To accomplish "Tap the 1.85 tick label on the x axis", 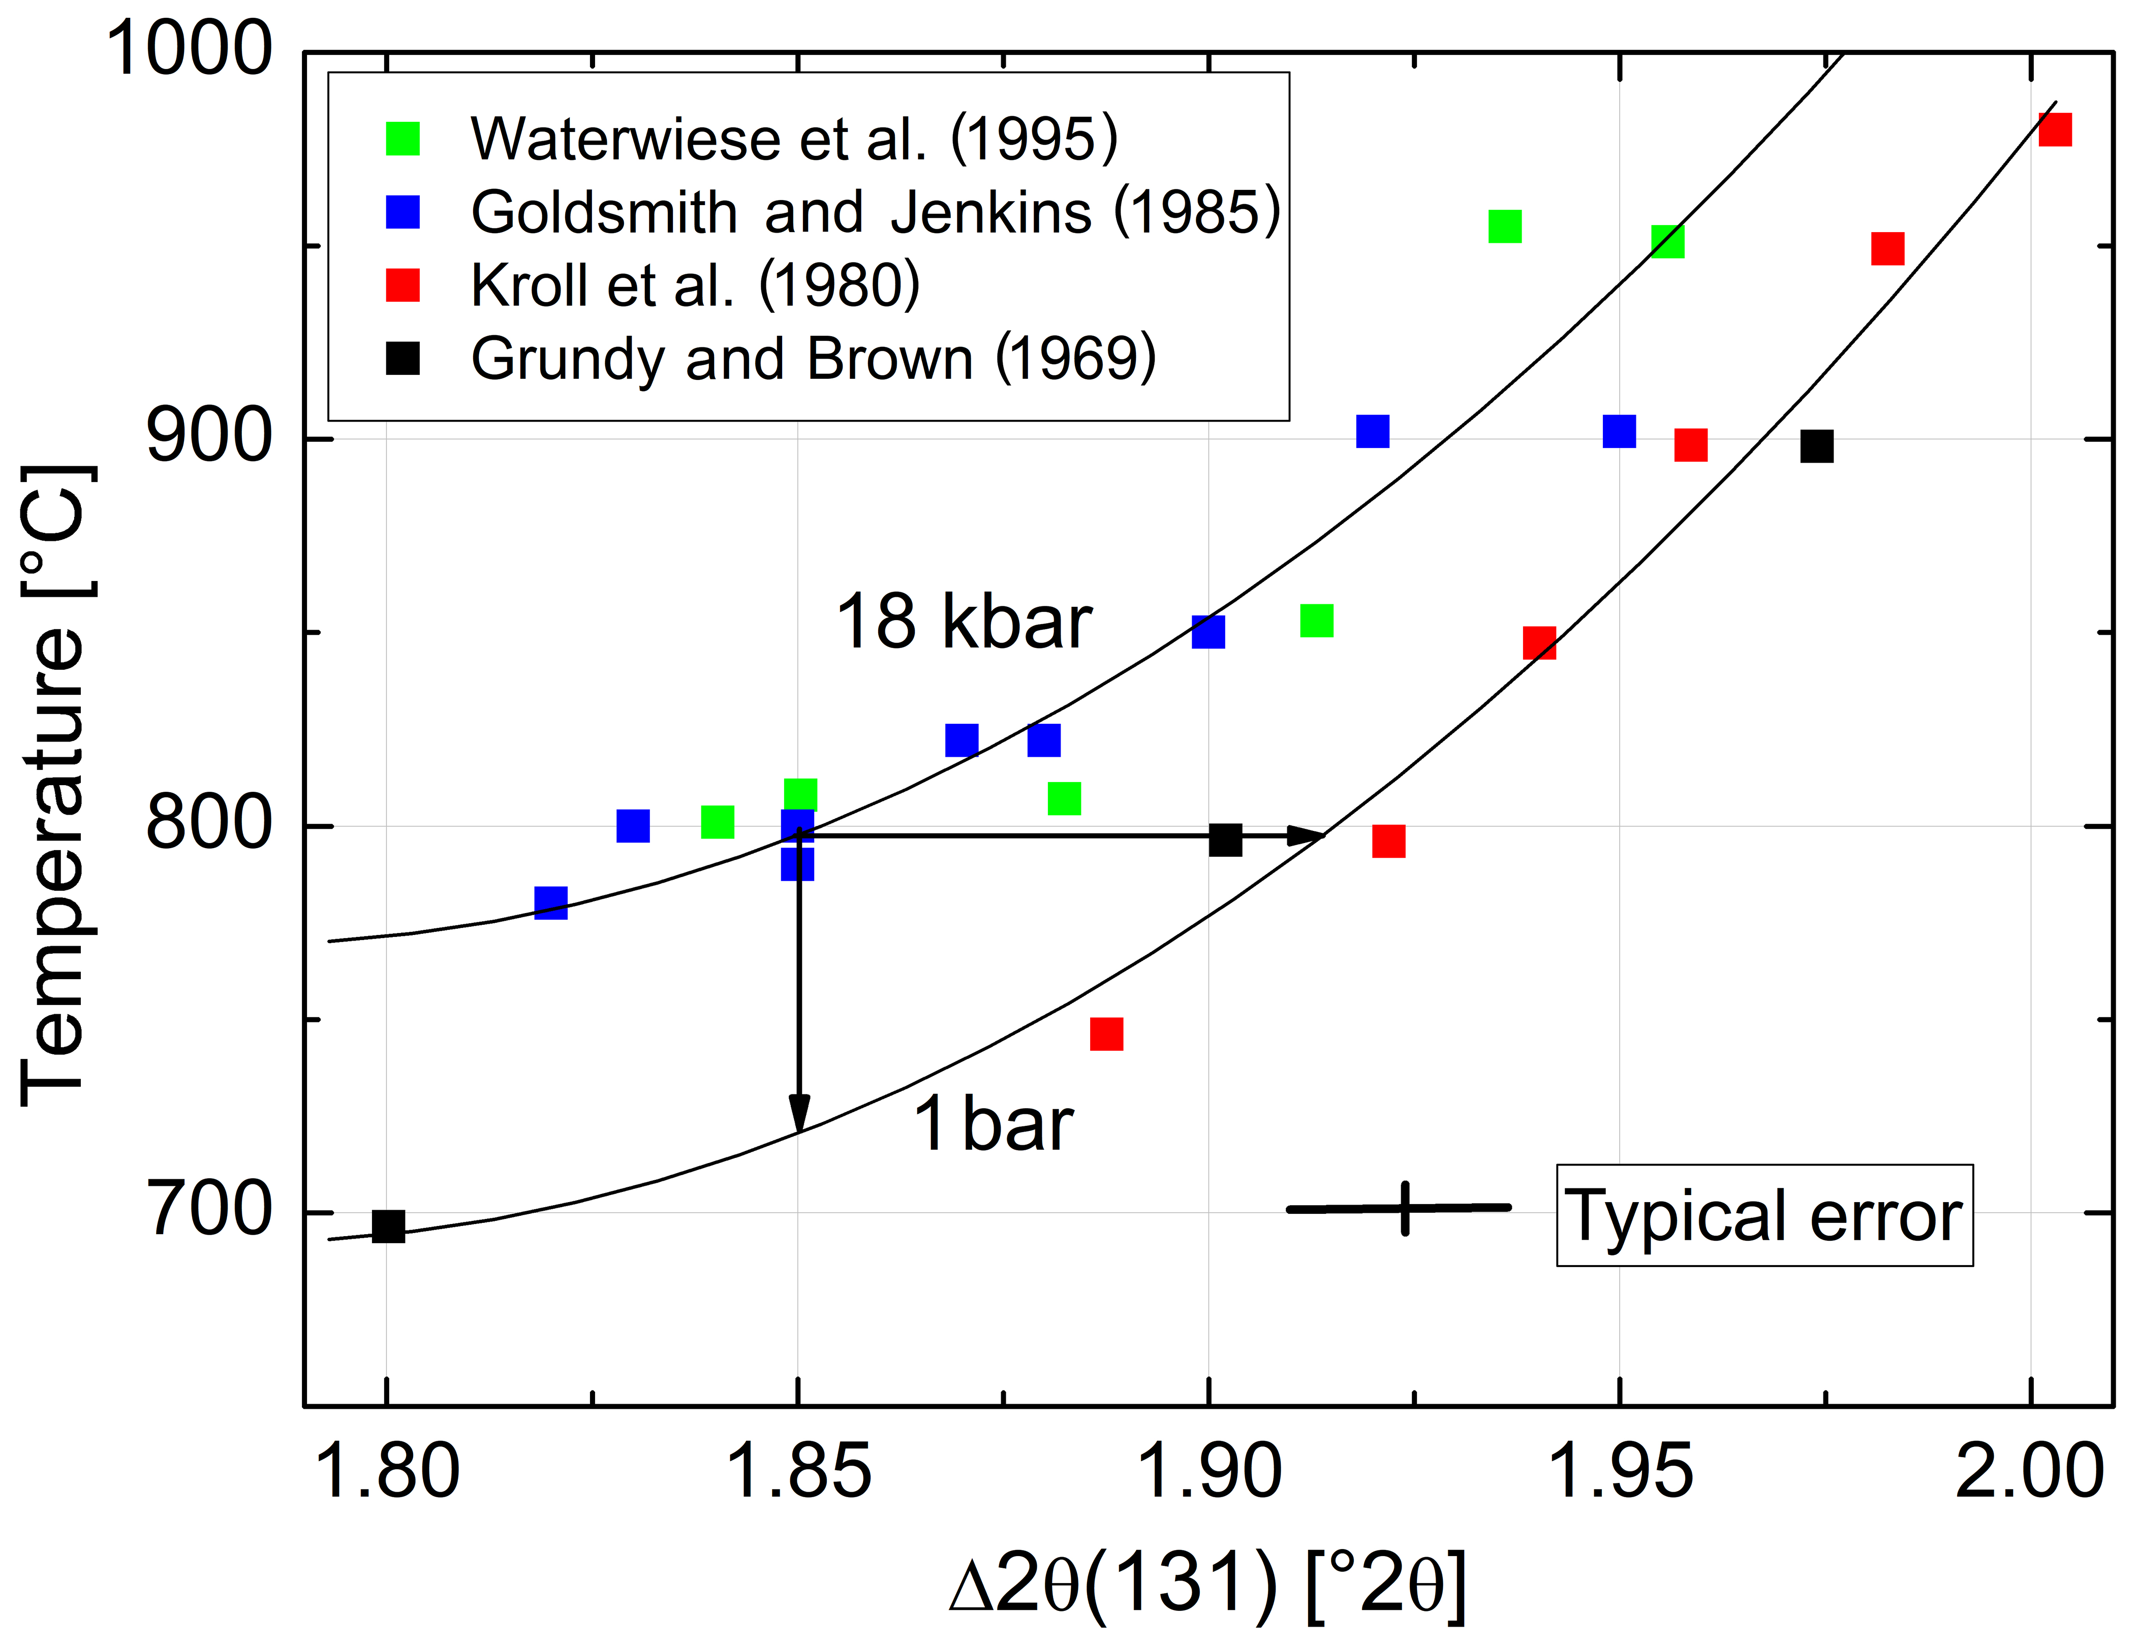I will tap(799, 1472).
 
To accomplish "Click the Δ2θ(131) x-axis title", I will tap(1209, 1585).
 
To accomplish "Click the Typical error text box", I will tap(1763, 1216).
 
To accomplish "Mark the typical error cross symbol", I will tap(1404, 1208).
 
